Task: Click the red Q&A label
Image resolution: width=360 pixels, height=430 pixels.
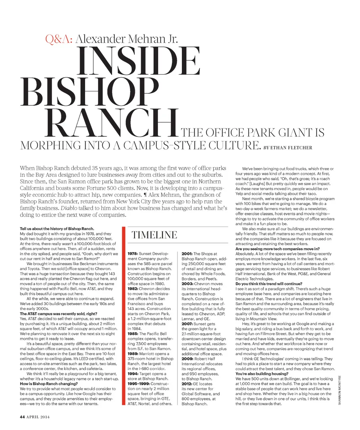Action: tap(59, 39)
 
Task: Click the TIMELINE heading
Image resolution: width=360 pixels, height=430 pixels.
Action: tap(154, 235)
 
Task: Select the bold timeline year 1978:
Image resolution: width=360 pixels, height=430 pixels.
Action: tap(134, 254)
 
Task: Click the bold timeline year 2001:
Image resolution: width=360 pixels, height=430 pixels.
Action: tap(187, 254)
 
